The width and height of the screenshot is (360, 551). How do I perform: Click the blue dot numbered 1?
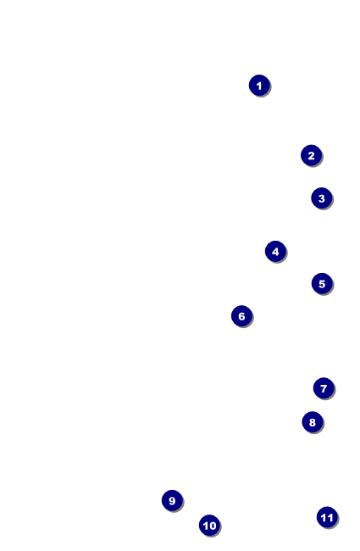click(x=259, y=86)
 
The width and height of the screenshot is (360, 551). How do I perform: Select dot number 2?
click(x=311, y=155)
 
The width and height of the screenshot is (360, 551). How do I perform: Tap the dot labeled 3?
click(x=321, y=198)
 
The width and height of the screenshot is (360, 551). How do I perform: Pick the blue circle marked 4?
click(x=275, y=252)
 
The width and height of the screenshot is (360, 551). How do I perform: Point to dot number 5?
click(x=322, y=284)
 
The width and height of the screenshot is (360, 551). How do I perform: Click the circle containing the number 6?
click(x=241, y=316)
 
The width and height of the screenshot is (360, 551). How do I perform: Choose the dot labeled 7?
click(x=324, y=388)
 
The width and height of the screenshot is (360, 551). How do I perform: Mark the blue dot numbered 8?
click(x=313, y=422)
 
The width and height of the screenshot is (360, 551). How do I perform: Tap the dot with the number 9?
click(x=172, y=500)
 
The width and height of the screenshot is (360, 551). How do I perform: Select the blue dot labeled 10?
click(x=209, y=526)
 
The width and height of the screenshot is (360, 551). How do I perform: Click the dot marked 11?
click(x=327, y=517)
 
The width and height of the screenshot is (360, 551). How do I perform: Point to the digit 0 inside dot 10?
click(x=212, y=526)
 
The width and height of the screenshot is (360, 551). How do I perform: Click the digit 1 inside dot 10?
click(x=206, y=526)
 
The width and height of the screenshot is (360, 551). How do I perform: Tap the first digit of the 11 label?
click(x=324, y=518)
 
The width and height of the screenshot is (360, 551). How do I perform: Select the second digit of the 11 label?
click(x=330, y=518)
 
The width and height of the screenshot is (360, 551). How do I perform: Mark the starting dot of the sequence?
click(x=259, y=86)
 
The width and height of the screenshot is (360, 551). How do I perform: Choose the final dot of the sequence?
click(x=327, y=517)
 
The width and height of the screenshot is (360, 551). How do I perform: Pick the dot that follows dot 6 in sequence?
click(x=324, y=388)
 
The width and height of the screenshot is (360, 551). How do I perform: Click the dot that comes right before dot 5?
click(x=275, y=252)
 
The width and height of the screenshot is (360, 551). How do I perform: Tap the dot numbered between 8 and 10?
click(x=172, y=500)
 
